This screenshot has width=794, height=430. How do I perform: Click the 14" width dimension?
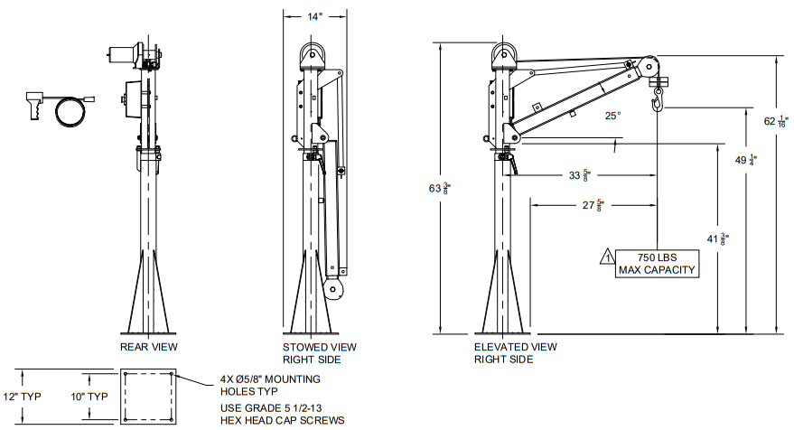(x=314, y=17)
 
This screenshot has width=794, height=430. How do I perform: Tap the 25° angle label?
(x=612, y=116)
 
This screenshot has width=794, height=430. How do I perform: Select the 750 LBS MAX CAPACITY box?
(x=657, y=264)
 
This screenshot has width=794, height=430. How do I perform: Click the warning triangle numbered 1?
(x=607, y=257)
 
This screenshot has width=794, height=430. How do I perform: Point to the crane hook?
(x=658, y=99)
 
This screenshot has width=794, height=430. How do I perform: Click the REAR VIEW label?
(x=149, y=347)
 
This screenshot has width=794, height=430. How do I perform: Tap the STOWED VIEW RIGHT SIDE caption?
(x=319, y=353)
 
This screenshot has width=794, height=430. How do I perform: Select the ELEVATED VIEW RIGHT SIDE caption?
(x=516, y=353)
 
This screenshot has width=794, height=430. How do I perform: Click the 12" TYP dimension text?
(x=23, y=397)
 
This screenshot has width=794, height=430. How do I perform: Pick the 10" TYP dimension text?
(x=89, y=397)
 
